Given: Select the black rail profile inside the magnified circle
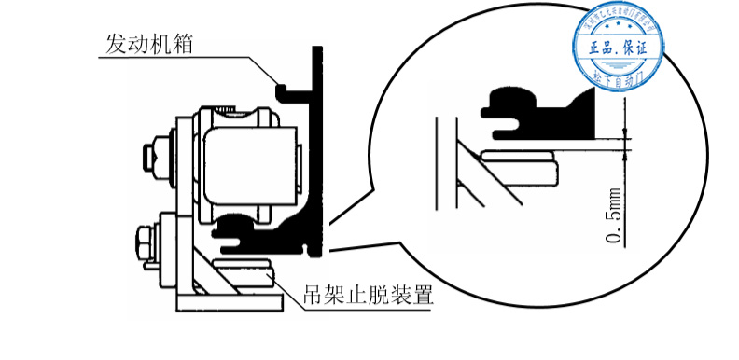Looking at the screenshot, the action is pos(541,112).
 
